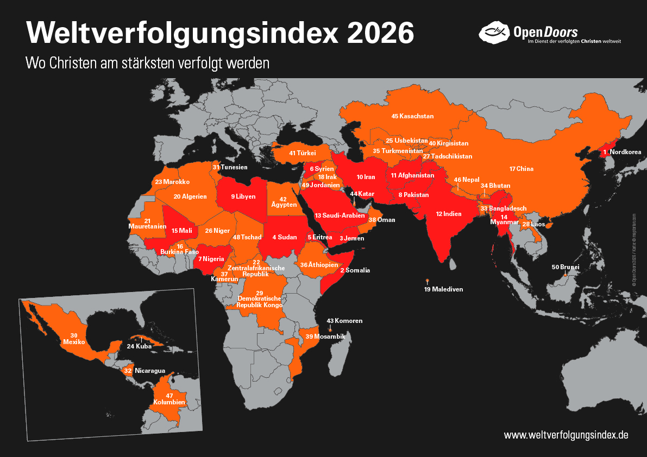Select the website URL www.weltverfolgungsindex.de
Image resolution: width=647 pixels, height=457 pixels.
point(566,435)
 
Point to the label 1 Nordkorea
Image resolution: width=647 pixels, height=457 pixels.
point(622,152)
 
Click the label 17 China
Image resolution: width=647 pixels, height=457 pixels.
point(521,169)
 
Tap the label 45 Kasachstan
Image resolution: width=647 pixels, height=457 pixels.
point(412,116)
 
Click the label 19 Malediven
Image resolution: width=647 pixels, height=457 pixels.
point(443,289)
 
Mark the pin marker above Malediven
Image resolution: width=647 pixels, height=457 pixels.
point(428,281)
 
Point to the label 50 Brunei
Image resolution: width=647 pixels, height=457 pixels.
point(566,267)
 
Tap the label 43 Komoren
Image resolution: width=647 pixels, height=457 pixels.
point(344,321)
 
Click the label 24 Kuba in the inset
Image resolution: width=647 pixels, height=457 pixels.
point(139,346)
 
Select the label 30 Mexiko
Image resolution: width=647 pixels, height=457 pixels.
point(74,339)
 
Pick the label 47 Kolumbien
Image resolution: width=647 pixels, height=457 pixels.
point(169,399)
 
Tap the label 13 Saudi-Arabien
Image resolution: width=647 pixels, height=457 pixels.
point(340,215)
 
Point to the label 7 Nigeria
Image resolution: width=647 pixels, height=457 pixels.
point(211,258)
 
